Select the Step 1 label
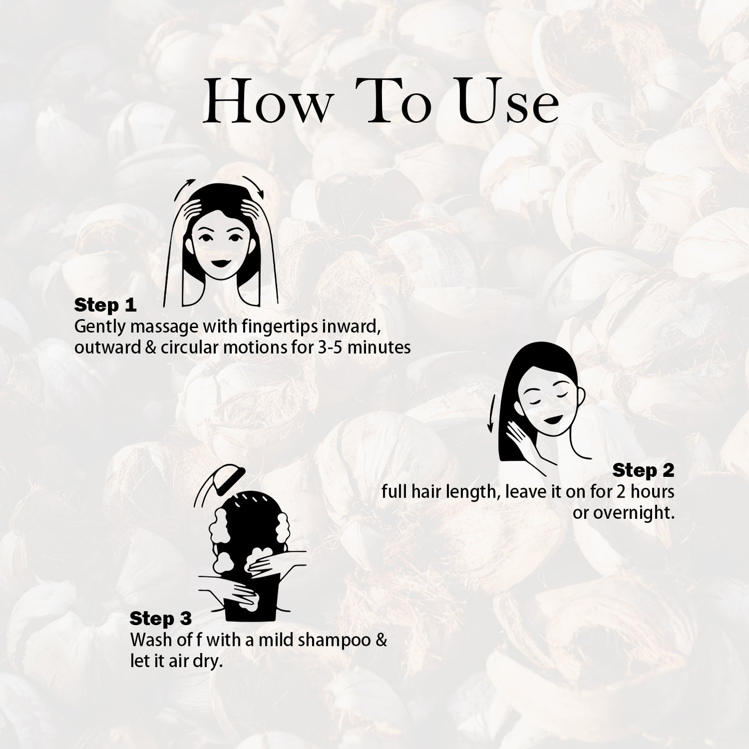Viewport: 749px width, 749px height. [105, 305]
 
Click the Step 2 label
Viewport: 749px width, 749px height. [643, 471]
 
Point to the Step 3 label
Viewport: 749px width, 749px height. [161, 618]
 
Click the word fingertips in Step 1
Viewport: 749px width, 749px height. [280, 327]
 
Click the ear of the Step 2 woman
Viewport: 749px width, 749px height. [581, 397]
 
